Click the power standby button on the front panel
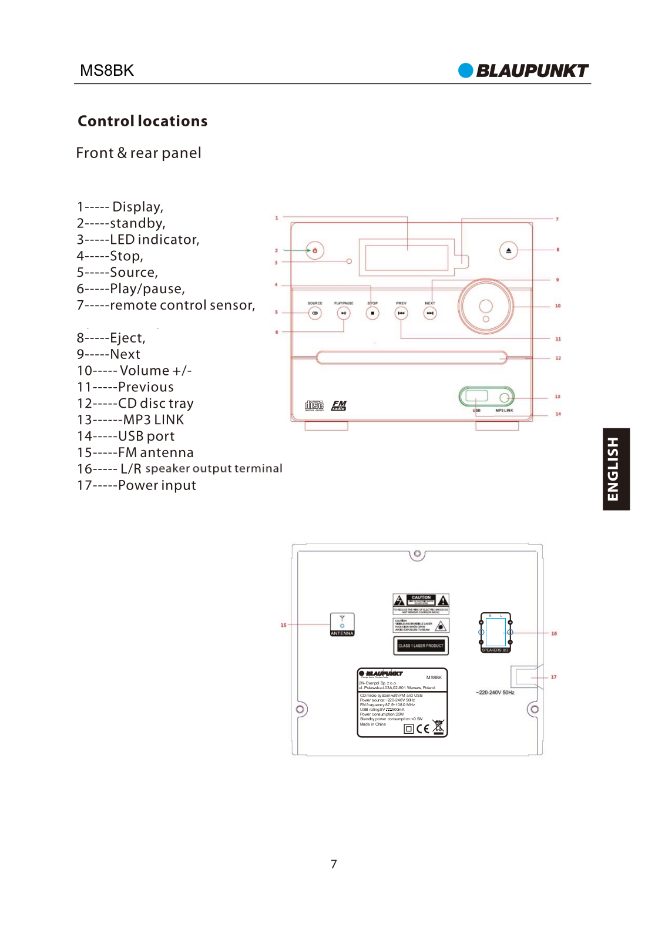coord(315,250)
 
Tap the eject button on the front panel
coord(509,250)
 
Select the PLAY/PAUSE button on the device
coord(344,313)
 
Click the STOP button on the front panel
coord(372,313)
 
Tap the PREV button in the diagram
coord(401,313)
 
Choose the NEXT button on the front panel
coord(430,313)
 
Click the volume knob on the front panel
coord(486,306)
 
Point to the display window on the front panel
coord(407,257)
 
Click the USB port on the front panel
coord(476,396)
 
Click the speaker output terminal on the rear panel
coord(495,633)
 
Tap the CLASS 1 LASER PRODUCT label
coord(421,646)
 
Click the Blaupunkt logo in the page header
coord(523,70)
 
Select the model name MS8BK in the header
coord(107,70)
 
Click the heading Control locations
coord(143,121)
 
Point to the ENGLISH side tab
coord(616,469)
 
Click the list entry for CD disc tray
coord(136,404)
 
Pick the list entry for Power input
coord(137,485)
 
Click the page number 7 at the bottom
coord(334,864)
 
